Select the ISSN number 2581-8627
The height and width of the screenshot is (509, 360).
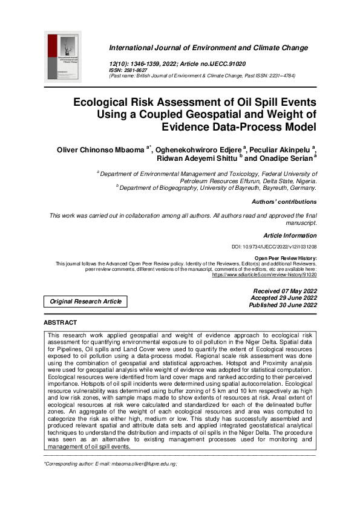137,70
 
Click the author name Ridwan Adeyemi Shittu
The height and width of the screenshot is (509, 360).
197,158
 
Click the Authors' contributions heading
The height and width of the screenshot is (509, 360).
283,202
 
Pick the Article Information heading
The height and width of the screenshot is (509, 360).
290,235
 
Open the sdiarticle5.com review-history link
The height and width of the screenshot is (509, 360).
264,274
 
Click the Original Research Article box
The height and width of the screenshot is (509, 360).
85,301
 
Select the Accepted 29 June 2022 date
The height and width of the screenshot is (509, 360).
284,299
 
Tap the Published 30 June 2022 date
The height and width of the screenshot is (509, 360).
283,306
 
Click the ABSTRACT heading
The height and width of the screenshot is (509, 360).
61,323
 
